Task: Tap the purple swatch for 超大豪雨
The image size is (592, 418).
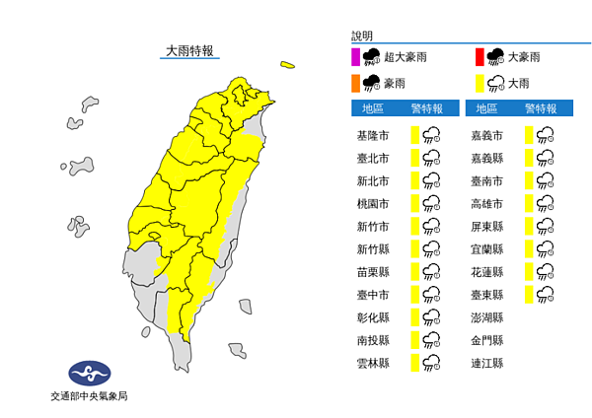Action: tap(354, 56)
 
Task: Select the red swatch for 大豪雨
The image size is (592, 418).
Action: tap(477, 56)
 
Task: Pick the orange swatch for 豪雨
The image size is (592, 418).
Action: tap(354, 82)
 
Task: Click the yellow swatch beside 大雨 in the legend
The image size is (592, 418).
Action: tap(477, 82)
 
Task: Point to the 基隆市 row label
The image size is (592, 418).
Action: tap(373, 135)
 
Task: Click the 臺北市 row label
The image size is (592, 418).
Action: tap(373, 158)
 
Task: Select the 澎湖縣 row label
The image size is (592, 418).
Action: tap(487, 317)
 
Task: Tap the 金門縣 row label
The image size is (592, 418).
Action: tap(487, 340)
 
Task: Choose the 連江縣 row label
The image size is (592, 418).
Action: tap(487, 363)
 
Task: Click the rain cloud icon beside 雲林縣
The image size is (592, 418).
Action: tap(430, 363)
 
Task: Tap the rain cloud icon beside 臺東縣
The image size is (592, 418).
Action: tap(545, 295)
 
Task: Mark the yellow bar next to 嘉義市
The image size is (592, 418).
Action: tap(530, 135)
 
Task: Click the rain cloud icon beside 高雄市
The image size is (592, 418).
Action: tap(545, 203)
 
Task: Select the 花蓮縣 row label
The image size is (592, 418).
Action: tap(487, 272)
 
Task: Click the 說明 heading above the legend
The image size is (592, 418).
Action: tap(362, 35)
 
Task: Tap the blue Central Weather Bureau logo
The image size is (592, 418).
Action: tap(89, 374)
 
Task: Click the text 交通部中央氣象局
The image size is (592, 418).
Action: tap(89, 396)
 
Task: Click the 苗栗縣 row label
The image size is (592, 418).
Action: tap(373, 272)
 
